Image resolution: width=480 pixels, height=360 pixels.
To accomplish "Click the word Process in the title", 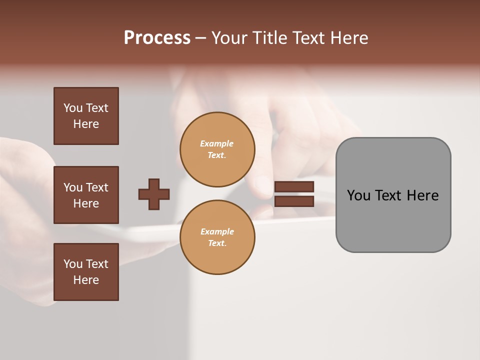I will pyautogui.click(x=157, y=38).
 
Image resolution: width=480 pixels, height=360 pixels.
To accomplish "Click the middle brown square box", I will pyautogui.click(x=86, y=195).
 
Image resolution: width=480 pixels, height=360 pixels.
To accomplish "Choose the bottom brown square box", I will pyautogui.click(x=86, y=272).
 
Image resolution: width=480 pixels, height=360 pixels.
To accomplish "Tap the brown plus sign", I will pyautogui.click(x=154, y=194).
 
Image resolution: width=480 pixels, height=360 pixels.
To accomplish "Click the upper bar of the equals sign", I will pyautogui.click(x=294, y=187).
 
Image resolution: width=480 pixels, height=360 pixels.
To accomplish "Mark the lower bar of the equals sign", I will pyautogui.click(x=294, y=201).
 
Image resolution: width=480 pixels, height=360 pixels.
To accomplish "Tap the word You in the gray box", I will pyautogui.click(x=359, y=195).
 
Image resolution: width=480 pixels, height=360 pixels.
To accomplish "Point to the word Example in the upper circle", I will pyautogui.click(x=217, y=143).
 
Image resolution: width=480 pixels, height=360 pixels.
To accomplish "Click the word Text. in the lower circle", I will pyautogui.click(x=217, y=243).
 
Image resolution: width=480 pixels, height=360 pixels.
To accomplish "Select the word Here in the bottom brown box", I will pyautogui.click(x=86, y=280).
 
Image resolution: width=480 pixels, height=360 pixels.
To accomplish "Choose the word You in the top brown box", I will pyautogui.click(x=73, y=108).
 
